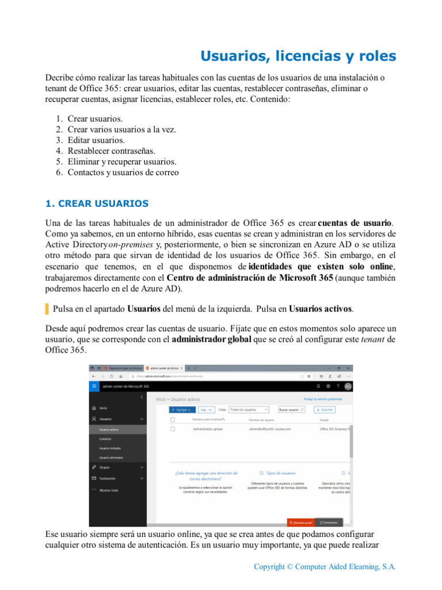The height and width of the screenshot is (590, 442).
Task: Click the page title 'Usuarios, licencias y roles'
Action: coord(298,56)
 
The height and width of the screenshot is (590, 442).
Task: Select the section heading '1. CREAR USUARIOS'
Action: coord(97,203)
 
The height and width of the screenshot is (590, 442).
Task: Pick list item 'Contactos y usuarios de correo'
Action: coord(123,172)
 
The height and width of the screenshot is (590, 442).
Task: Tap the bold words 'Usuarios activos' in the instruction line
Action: coord(320,309)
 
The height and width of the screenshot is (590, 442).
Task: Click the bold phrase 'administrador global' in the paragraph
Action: coord(211,339)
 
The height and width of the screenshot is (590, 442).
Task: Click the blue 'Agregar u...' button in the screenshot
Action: coord(182,410)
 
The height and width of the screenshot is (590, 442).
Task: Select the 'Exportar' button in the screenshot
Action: coord(325,410)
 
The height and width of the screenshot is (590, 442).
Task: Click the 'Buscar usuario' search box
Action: coord(291,410)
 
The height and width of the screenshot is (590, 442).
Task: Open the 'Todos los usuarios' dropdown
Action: coord(249,410)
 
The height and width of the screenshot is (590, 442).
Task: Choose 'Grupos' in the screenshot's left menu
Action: coord(105,467)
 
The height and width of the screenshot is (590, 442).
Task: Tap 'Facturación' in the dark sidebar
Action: coord(108,478)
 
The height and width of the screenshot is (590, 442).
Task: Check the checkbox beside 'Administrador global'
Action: coord(173,429)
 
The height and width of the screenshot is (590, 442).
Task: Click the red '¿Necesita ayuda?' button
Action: coord(301,523)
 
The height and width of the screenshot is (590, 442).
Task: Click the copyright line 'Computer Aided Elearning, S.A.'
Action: coord(325,567)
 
